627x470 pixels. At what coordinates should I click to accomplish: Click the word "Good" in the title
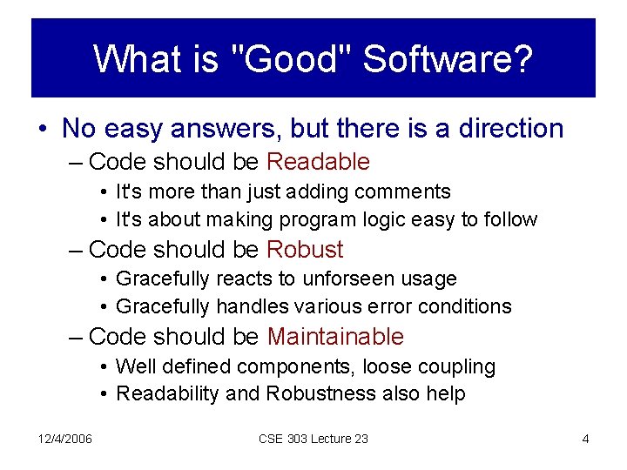[293, 59]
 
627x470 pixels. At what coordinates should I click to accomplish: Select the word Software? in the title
[448, 59]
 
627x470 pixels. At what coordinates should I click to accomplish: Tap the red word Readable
[318, 162]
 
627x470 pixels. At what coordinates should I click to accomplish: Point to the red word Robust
[305, 250]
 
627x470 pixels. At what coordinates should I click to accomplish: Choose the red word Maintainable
[335, 337]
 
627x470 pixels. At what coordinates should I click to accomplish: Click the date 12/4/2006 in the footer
[65, 439]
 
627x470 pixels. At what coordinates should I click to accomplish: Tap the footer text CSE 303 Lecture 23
[313, 439]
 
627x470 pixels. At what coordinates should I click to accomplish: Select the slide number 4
[585, 439]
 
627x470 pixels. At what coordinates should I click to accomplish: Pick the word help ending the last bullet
[446, 394]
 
